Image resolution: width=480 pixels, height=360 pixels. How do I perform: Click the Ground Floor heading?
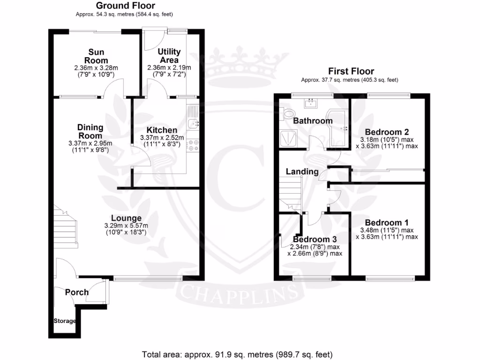pos(119,6)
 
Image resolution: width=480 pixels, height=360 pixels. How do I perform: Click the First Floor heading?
pos(351,71)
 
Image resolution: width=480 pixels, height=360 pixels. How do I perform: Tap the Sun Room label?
pos(96,56)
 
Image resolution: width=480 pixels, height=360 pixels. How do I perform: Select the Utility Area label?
pos(169,56)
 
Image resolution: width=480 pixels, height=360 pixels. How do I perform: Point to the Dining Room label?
pos(90,132)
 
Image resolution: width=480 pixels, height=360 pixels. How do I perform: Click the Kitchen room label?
pos(162,130)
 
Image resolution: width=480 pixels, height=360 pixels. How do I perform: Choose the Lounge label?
pos(126,218)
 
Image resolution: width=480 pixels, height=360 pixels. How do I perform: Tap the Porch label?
pos(77,292)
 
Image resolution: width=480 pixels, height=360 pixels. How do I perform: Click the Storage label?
pos(65,321)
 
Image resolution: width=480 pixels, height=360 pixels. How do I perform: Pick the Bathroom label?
pos(313,121)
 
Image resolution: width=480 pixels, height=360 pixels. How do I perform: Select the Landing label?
pos(302,172)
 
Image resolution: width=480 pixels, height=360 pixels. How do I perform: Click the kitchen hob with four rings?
pos(193,146)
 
